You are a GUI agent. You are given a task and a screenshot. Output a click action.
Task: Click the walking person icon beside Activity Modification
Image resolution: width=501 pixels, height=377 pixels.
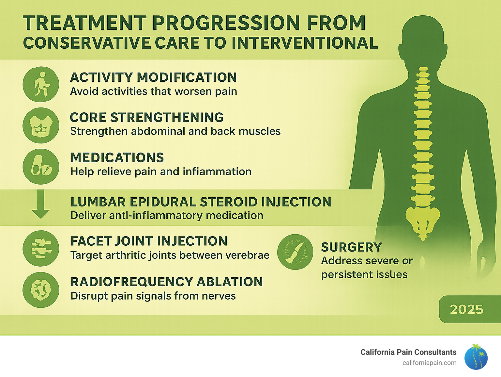coord(41,84)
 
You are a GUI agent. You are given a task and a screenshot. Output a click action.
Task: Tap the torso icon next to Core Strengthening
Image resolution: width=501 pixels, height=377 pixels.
coord(41,125)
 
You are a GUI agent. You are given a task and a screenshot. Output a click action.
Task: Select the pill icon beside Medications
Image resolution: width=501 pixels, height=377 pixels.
coord(41,167)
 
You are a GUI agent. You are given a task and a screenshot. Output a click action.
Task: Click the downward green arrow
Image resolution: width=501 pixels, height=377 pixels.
coord(41,205)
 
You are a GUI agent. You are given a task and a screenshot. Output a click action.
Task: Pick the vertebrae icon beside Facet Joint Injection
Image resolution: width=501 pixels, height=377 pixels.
coord(41,249)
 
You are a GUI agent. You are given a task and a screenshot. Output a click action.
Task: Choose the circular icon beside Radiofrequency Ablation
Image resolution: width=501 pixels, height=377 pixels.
coord(41,290)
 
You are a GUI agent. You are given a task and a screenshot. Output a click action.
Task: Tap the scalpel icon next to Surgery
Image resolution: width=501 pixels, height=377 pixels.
coord(295,252)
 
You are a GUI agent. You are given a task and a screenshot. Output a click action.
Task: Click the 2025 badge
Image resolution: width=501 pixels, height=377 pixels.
coord(467,309)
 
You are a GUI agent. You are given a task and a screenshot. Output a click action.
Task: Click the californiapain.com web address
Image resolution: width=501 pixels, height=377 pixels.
coord(429,363)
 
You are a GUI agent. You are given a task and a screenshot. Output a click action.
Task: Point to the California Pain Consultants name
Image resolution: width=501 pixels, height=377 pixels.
coord(408,352)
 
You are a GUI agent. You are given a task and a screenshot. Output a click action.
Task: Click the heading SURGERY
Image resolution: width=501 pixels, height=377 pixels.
coord(351,247)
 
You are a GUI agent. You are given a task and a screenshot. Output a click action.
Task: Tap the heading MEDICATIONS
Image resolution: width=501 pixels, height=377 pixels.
coord(117,158)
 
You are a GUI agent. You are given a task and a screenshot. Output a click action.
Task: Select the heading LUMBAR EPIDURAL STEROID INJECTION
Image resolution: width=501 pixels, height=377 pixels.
coord(201,202)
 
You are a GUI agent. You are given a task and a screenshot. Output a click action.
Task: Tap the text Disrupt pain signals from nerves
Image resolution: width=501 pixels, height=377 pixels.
coord(153,296)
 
